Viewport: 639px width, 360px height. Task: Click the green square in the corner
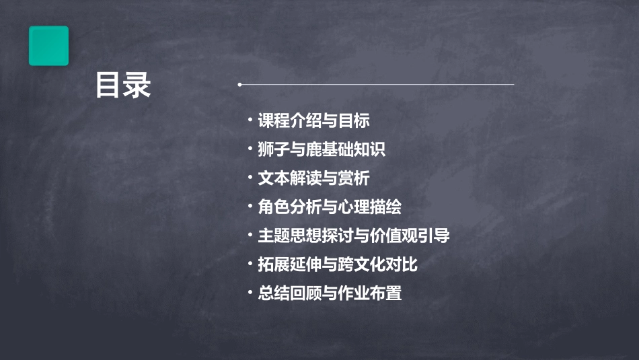coord(48,46)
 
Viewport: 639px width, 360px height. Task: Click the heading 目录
coord(123,86)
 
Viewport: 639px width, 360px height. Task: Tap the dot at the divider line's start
coord(239,85)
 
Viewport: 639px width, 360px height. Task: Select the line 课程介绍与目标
coord(313,121)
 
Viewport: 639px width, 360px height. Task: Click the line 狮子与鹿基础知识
coord(322,149)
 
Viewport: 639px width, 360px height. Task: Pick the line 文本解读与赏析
coord(313,178)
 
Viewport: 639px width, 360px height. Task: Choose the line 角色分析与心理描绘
coord(330,207)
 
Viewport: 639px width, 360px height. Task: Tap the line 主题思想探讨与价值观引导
coord(354,236)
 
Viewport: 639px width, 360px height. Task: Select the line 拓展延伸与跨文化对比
coord(338,264)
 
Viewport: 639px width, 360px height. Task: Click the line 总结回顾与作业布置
coord(330,293)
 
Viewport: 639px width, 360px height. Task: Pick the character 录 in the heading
coord(138,86)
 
